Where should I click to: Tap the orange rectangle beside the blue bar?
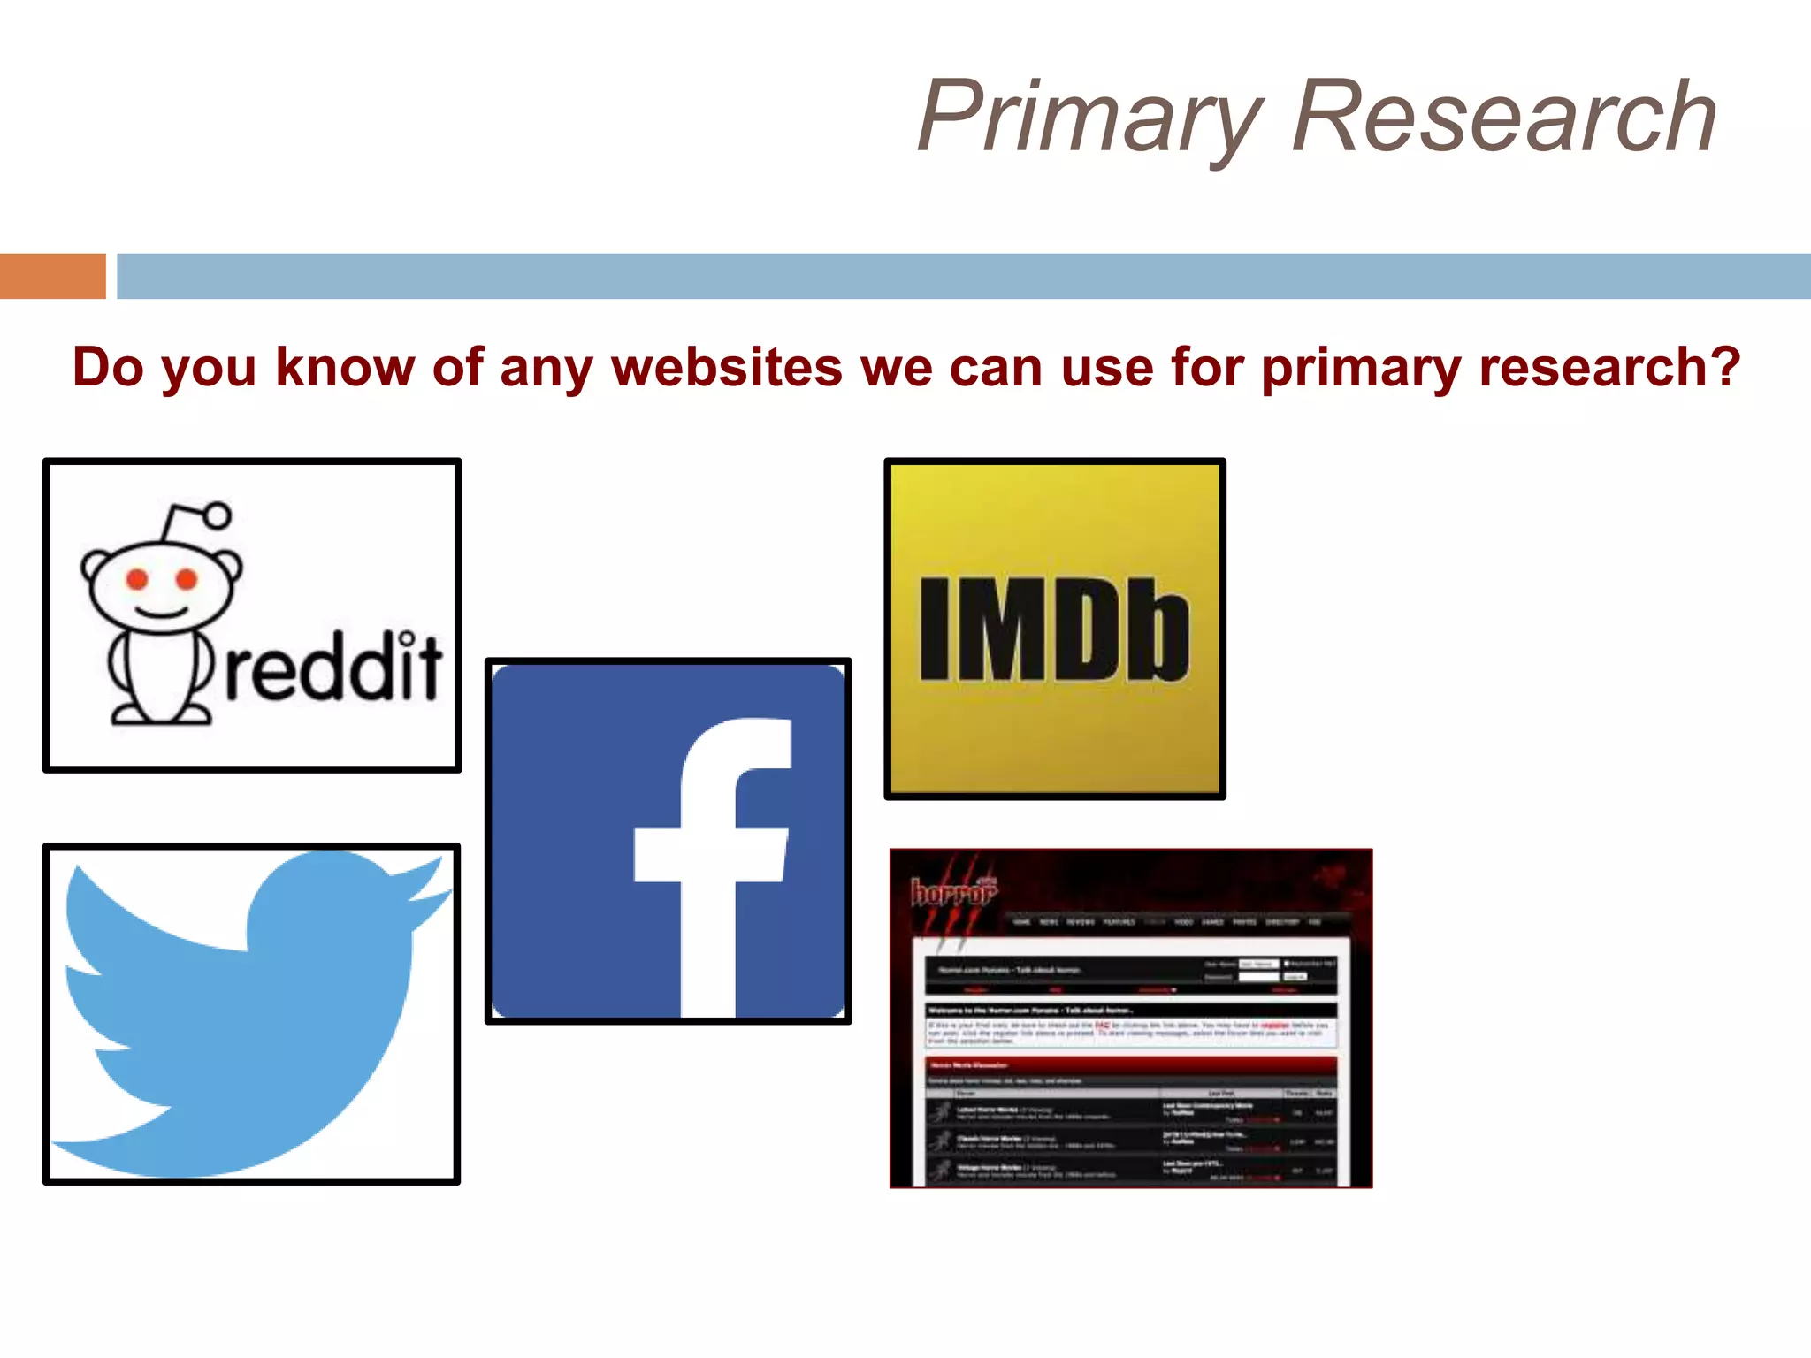coord(52,276)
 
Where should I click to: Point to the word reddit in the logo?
coord(333,668)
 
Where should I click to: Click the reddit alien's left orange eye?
coord(137,579)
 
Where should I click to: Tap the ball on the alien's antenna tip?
coord(217,515)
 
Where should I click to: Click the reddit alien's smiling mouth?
coord(161,613)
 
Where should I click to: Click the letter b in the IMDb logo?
coord(1159,629)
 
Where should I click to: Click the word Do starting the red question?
coord(108,367)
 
